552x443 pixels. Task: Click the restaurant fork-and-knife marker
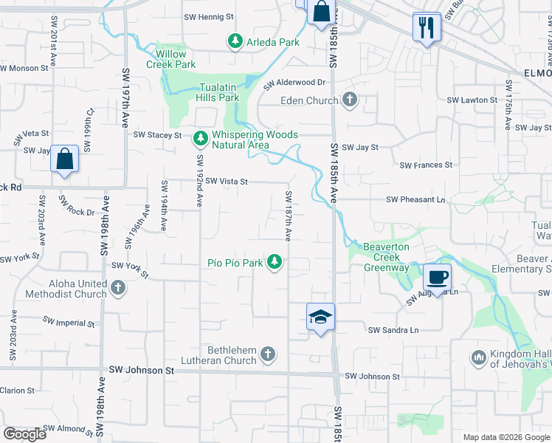point(427,28)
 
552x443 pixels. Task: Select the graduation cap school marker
point(320,317)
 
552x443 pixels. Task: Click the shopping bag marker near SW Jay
point(65,159)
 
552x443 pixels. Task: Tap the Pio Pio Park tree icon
point(275,262)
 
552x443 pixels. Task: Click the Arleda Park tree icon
point(235,42)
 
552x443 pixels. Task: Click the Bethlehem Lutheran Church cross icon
point(268,355)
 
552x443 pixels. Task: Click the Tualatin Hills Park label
point(218,92)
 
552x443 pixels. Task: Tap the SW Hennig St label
point(210,16)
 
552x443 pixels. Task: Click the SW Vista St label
point(226,181)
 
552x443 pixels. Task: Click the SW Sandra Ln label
point(393,330)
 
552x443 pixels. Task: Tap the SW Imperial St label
point(69,323)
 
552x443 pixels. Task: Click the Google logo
point(24,433)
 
